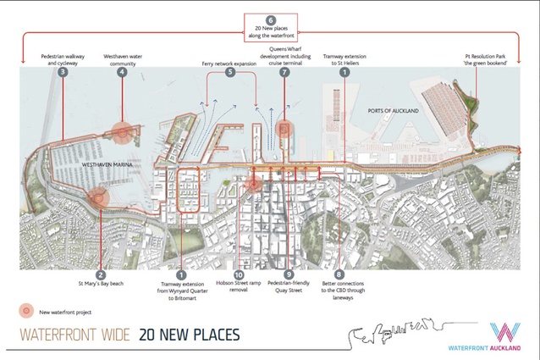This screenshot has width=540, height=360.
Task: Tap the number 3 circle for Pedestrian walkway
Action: point(63,73)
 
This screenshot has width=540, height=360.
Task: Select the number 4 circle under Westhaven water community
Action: point(122,73)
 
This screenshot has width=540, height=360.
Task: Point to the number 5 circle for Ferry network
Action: point(230,73)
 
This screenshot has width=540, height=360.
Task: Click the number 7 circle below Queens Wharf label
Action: point(284,73)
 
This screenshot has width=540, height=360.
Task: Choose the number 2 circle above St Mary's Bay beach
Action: point(100,274)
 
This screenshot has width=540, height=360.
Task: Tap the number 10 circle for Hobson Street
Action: point(239,274)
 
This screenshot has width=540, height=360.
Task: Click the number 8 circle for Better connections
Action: point(339,274)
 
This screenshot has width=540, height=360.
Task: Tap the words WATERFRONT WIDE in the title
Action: point(75,335)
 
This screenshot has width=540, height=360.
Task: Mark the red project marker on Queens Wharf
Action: point(284,129)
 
